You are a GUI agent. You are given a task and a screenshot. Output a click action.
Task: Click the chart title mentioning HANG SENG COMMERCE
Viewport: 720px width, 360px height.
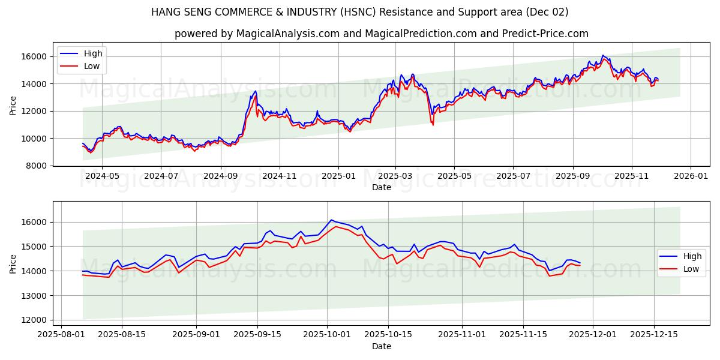(360, 12)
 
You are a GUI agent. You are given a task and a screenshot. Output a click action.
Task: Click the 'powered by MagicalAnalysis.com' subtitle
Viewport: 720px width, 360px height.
(382, 34)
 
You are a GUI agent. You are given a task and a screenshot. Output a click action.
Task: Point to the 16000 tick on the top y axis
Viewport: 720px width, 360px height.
(35, 56)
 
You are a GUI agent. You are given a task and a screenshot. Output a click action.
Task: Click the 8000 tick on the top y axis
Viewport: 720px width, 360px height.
(37, 166)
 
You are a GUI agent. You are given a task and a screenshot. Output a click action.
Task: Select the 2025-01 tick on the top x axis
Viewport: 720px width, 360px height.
(338, 176)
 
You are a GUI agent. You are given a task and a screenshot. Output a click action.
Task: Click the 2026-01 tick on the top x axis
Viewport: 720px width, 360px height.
(691, 176)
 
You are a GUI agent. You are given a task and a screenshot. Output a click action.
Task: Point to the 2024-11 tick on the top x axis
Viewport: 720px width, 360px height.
(280, 176)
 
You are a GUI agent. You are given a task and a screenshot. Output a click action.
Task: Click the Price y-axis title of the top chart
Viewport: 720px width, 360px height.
(13, 106)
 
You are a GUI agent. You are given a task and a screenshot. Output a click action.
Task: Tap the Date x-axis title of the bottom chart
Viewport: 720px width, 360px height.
(382, 346)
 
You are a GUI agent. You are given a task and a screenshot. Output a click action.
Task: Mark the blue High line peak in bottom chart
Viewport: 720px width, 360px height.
(331, 220)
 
